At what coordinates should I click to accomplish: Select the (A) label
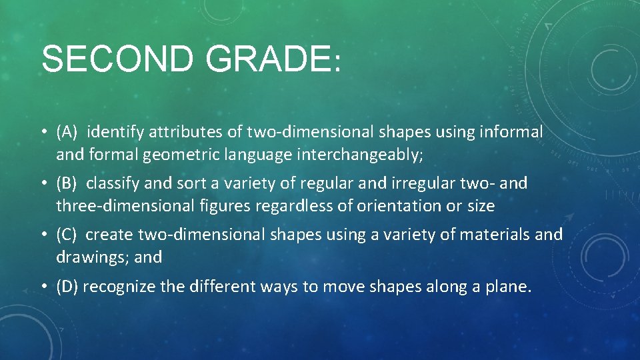coord(68,133)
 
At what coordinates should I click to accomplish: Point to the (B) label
coord(68,183)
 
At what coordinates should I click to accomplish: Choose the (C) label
coord(68,235)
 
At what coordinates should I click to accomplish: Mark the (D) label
coord(68,287)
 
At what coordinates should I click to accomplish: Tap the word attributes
coord(186,133)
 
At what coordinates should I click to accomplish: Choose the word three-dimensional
coord(125,206)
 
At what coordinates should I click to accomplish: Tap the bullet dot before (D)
coord(43,287)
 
